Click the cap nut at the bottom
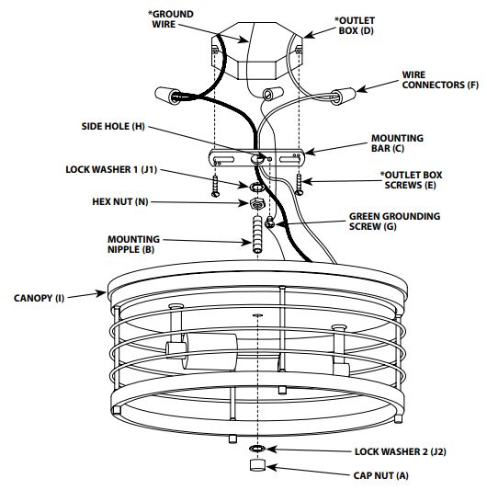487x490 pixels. (x=257, y=464)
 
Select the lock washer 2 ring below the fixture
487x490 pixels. (x=257, y=449)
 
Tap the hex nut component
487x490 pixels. (x=257, y=204)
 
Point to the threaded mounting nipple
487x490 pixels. (x=257, y=234)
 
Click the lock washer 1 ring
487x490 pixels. (x=256, y=188)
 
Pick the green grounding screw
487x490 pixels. (x=269, y=222)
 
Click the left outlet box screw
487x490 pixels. (x=215, y=186)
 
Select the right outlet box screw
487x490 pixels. (x=300, y=185)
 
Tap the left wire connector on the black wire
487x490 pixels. (x=167, y=96)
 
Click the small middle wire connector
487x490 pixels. (x=273, y=94)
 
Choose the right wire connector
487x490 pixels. (x=343, y=97)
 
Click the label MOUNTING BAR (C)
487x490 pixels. (x=397, y=143)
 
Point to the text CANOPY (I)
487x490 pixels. (x=39, y=298)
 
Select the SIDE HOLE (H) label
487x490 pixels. (x=113, y=126)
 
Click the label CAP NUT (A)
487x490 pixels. (x=380, y=475)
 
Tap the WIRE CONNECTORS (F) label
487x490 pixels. (x=440, y=80)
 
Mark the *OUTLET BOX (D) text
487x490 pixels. (x=355, y=26)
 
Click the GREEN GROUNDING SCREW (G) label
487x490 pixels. (x=394, y=222)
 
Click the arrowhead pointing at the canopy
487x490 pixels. (x=101, y=293)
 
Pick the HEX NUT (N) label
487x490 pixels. (x=120, y=201)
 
